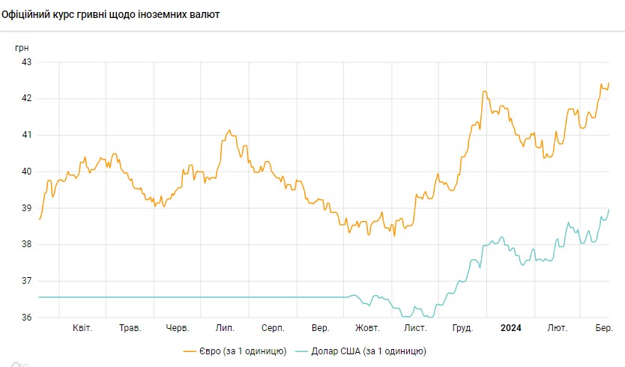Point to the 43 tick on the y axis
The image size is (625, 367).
click(25, 62)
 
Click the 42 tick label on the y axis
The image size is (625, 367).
click(25, 99)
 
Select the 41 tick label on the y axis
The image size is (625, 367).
click(25, 136)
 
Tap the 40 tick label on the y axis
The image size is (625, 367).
click(25, 172)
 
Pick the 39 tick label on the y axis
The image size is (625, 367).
click(25, 208)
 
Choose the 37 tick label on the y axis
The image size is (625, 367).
click(25, 281)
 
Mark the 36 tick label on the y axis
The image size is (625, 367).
click(25, 318)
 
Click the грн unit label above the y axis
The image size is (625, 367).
click(23, 47)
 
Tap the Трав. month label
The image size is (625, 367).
click(130, 328)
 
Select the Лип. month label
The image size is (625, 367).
click(225, 328)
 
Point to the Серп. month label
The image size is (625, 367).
click(273, 328)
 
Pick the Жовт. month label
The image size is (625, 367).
click(367, 328)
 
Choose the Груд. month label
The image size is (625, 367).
click(462, 328)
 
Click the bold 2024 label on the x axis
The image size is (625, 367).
click(511, 328)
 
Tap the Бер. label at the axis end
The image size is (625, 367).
click(604, 328)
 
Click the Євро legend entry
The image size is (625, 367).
click(234, 351)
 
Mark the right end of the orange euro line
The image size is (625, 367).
click(609, 83)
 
